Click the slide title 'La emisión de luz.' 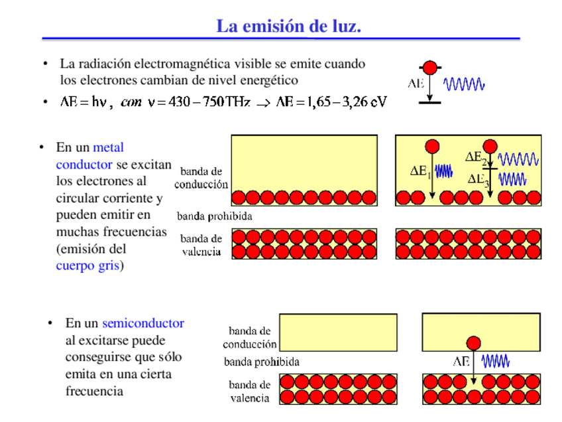(x=288, y=27)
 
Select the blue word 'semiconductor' (x=142, y=323)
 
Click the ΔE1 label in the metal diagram (x=420, y=171)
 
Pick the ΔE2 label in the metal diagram (x=476, y=158)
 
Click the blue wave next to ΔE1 (x=443, y=171)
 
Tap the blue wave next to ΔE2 (x=519, y=159)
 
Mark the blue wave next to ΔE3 (x=512, y=178)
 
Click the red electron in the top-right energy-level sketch (x=430, y=68)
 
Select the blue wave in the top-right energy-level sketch (x=464, y=84)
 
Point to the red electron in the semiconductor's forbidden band (x=473, y=343)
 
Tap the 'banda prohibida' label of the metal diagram (x=214, y=216)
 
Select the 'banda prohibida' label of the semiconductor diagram (x=261, y=362)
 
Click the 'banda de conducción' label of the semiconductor (x=249, y=337)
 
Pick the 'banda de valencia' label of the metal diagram (x=201, y=245)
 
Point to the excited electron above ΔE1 (x=431, y=146)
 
